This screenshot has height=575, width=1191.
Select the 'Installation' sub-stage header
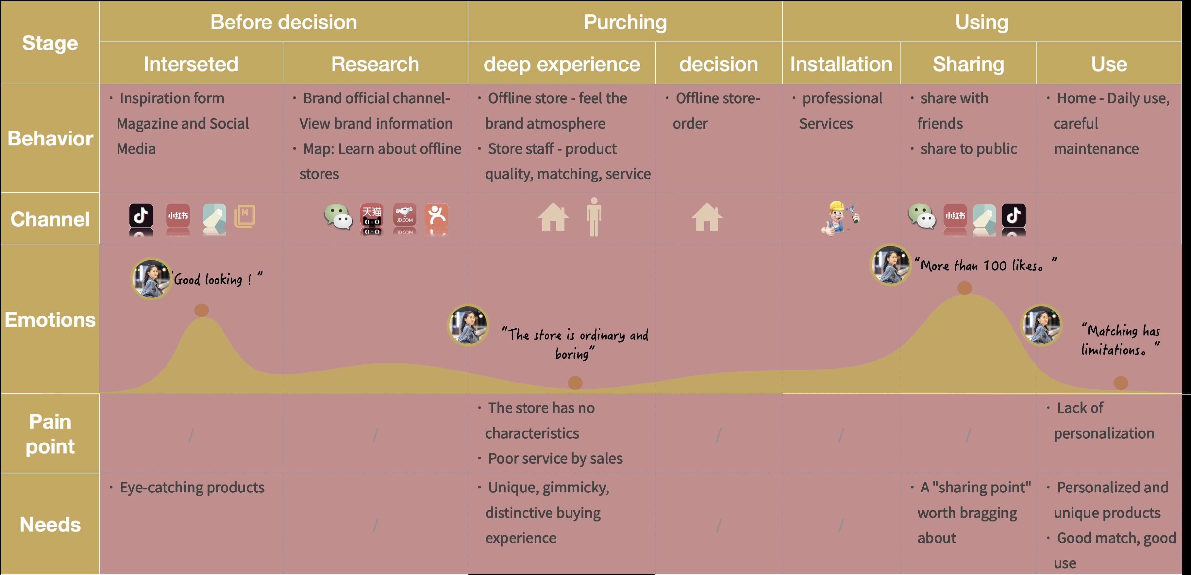(841, 64)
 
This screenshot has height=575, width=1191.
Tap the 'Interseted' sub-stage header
(191, 64)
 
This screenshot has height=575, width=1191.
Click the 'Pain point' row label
(50, 434)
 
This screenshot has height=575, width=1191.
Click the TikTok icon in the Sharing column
(1014, 215)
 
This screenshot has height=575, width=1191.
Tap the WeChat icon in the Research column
(338, 216)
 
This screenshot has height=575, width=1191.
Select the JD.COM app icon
(405, 215)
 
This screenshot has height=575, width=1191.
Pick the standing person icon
(594, 216)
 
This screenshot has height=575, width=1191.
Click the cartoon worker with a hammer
(841, 217)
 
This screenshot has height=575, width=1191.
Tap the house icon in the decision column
(707, 217)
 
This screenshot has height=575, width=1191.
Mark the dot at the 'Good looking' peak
(202, 310)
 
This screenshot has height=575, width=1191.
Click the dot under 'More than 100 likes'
(965, 288)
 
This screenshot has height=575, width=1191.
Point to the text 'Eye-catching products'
(192, 487)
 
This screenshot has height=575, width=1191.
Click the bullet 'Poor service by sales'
(555, 458)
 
